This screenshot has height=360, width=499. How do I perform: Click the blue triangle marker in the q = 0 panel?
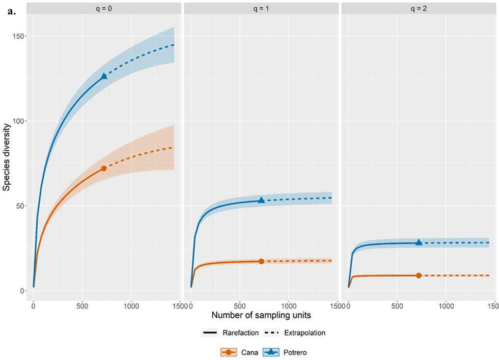pos(104,76)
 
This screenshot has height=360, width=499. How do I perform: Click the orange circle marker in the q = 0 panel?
pos(104,168)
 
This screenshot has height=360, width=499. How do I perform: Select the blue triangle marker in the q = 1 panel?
pos(261,200)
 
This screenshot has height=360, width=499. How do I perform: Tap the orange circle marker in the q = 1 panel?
pos(261,261)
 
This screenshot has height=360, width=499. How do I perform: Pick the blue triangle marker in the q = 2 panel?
pos(419,242)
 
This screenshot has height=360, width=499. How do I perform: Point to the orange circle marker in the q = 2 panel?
pos(419,275)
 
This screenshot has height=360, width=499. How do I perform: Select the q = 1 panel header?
pos(261,8)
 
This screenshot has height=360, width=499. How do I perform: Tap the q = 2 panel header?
pos(418,8)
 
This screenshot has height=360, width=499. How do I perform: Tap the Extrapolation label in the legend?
pos(304,333)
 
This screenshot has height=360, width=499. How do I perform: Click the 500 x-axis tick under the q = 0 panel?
pos(82,308)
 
